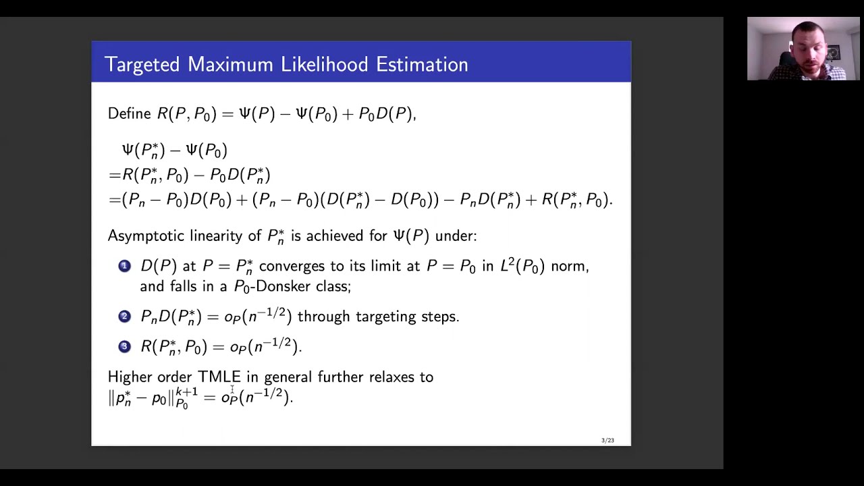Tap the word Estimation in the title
pyautogui.click(x=422, y=65)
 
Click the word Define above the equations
pyautogui.click(x=130, y=113)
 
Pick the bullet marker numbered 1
pyautogui.click(x=124, y=266)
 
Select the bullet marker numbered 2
pyautogui.click(x=124, y=316)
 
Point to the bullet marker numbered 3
pyautogui.click(x=124, y=346)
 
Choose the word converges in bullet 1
pyautogui.click(x=291, y=266)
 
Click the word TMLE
pyautogui.click(x=219, y=377)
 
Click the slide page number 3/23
pyautogui.click(x=607, y=440)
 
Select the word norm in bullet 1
pyautogui.click(x=569, y=266)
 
